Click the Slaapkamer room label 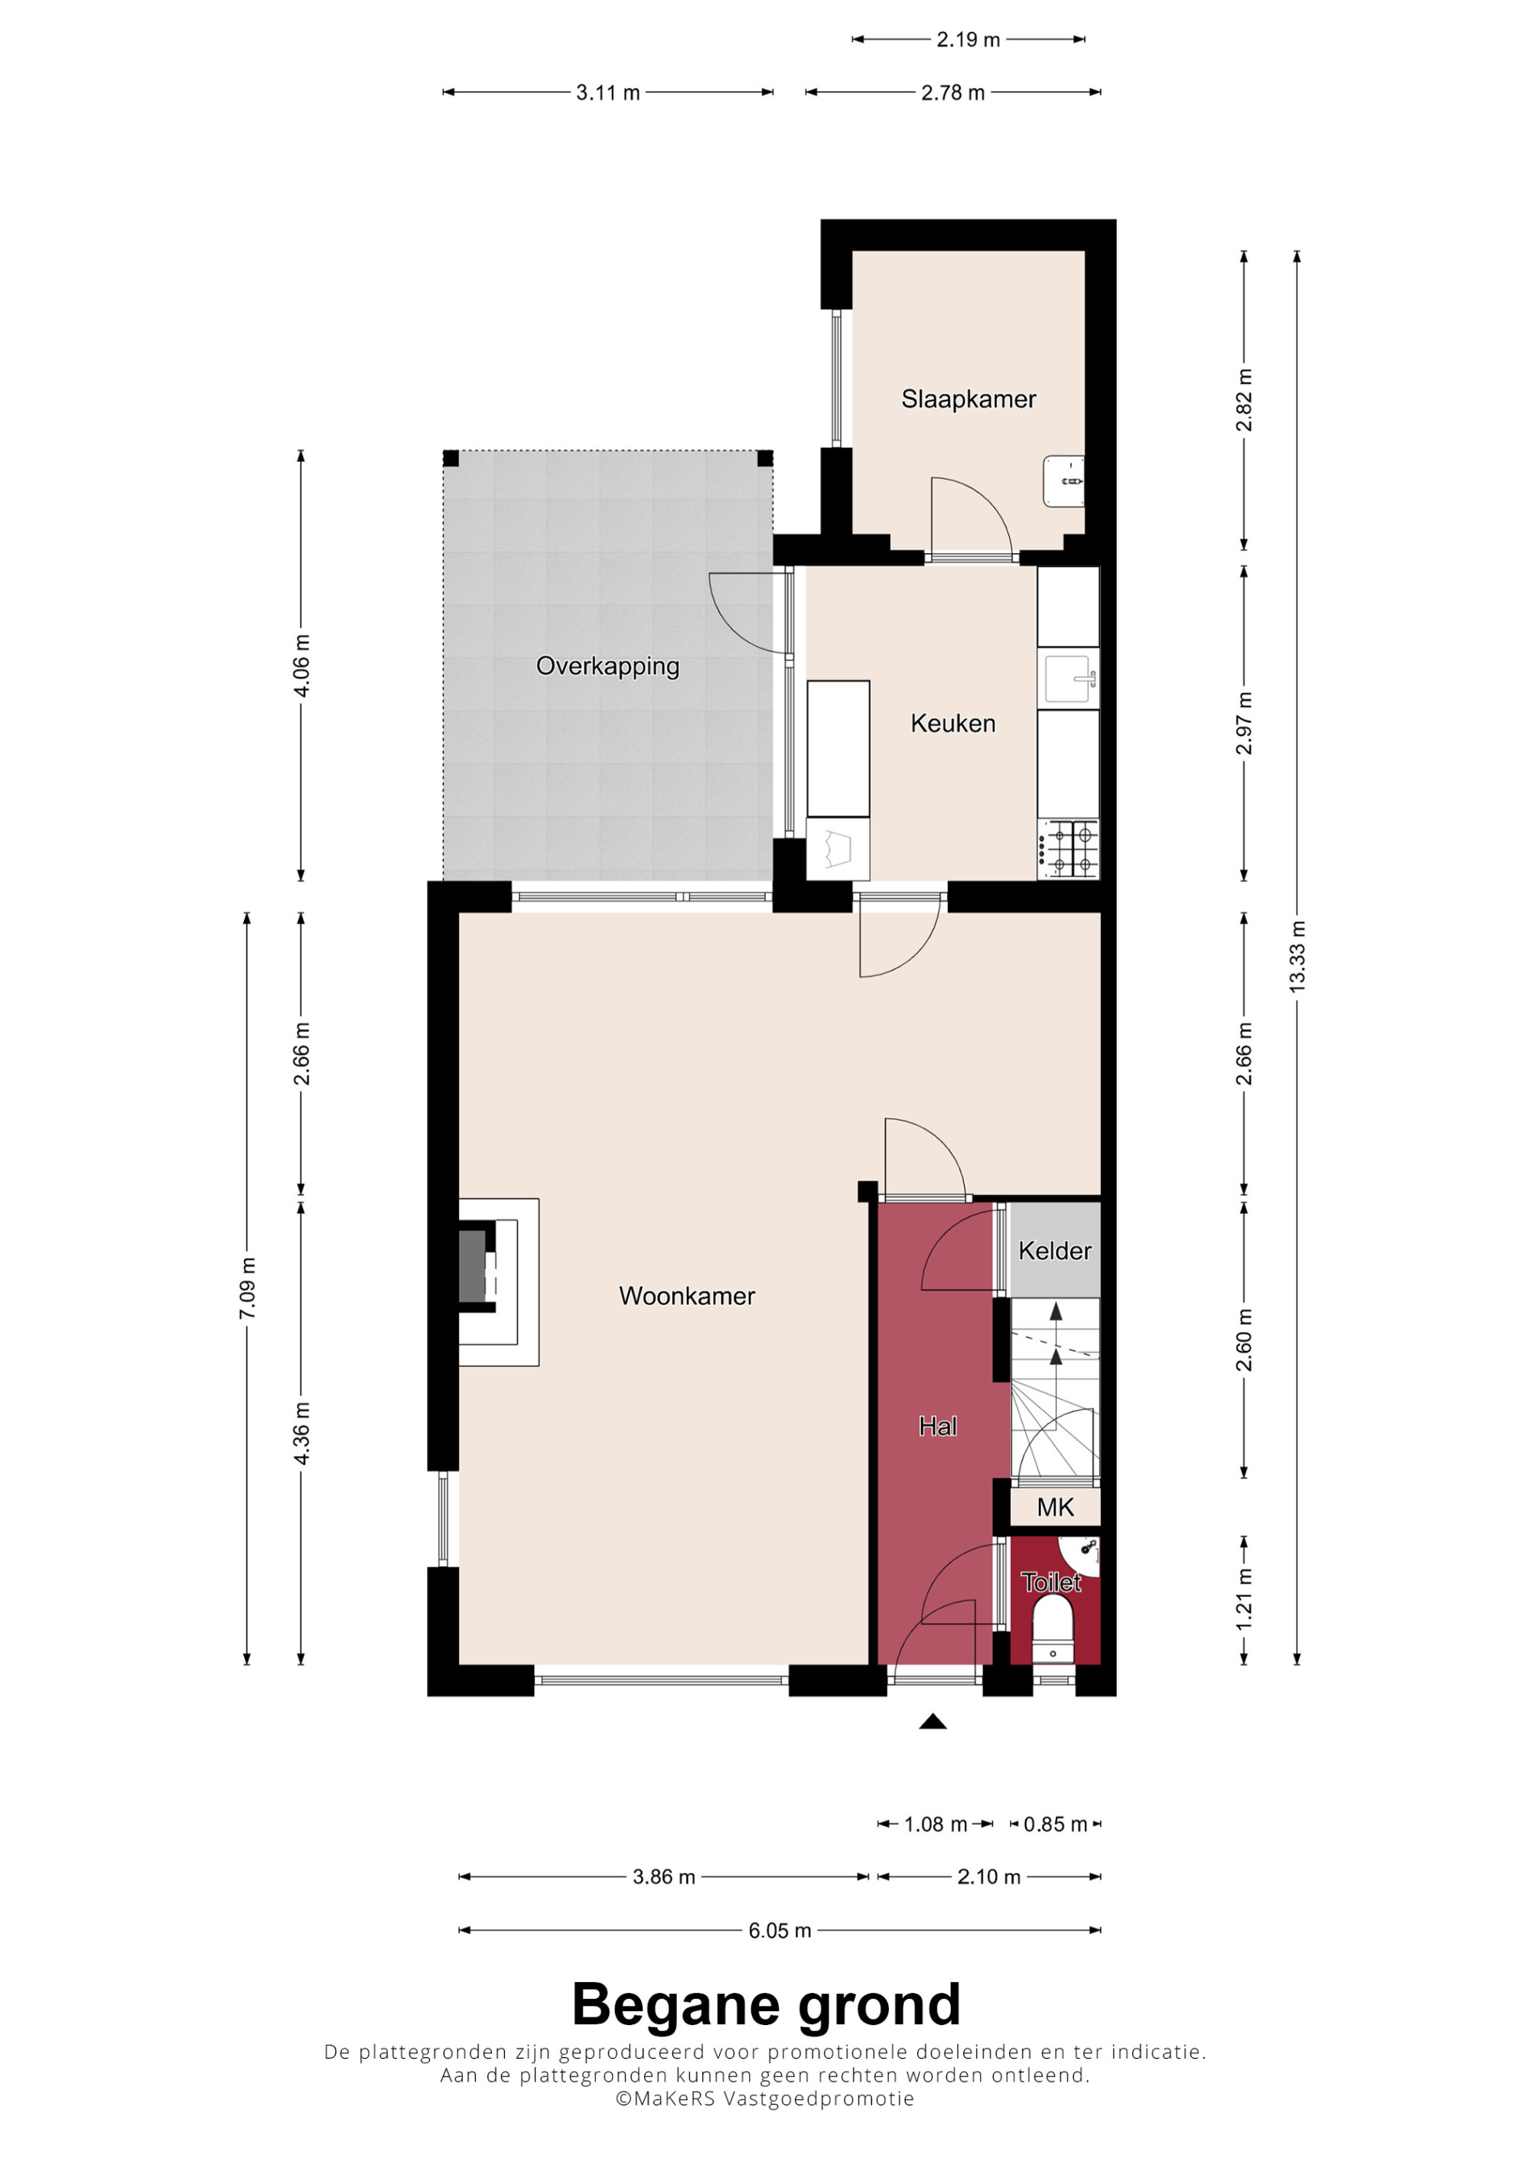(968, 400)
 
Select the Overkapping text (607, 666)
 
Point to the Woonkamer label (686, 1296)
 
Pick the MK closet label (1055, 1507)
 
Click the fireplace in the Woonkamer (499, 1281)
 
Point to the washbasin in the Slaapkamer (1063, 481)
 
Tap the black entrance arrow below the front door (933, 1722)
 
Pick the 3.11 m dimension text (608, 93)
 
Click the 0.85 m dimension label (1055, 1825)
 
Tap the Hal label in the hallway (938, 1427)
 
